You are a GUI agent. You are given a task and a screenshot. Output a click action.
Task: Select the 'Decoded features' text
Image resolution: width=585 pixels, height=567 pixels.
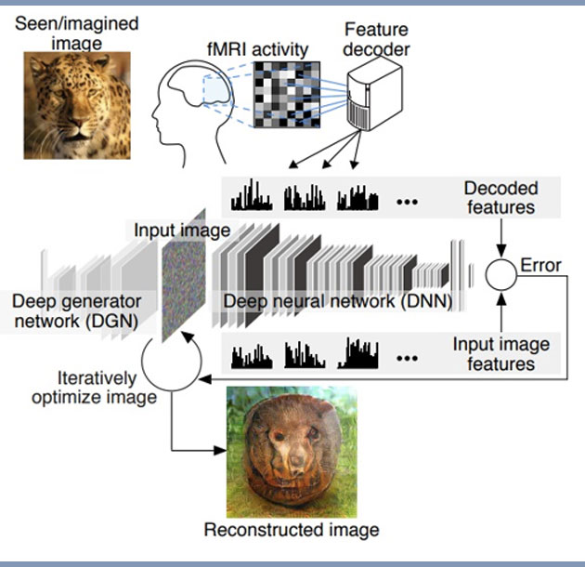pos(500,197)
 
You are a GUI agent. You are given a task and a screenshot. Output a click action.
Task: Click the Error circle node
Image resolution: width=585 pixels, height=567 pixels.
pos(501,273)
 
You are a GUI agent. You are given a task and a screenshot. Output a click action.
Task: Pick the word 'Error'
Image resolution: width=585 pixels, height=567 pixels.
pos(541,266)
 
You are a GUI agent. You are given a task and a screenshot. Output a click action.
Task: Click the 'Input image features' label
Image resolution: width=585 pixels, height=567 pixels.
pos(500,353)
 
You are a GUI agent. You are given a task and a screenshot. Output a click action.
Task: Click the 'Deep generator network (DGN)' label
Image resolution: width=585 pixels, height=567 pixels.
pos(76,311)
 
